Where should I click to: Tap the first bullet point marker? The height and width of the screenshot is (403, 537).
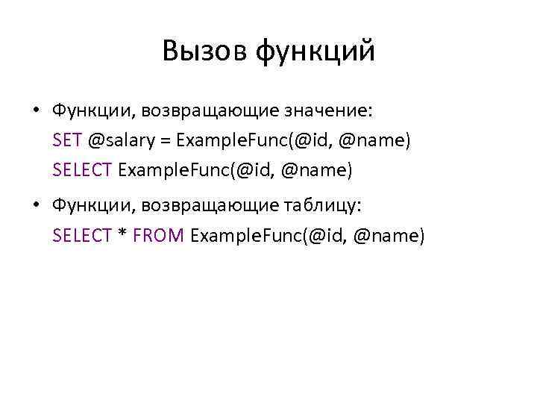coord(36,112)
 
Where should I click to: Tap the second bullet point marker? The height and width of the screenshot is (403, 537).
coord(36,204)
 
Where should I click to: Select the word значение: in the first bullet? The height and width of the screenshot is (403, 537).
coord(329,112)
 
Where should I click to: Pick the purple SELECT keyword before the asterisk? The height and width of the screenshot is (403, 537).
coord(82,236)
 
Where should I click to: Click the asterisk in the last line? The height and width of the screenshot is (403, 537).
coord(122,236)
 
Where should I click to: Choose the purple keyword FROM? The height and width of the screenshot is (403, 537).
coord(158,236)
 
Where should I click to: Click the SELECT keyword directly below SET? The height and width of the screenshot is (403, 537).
coord(82,170)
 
